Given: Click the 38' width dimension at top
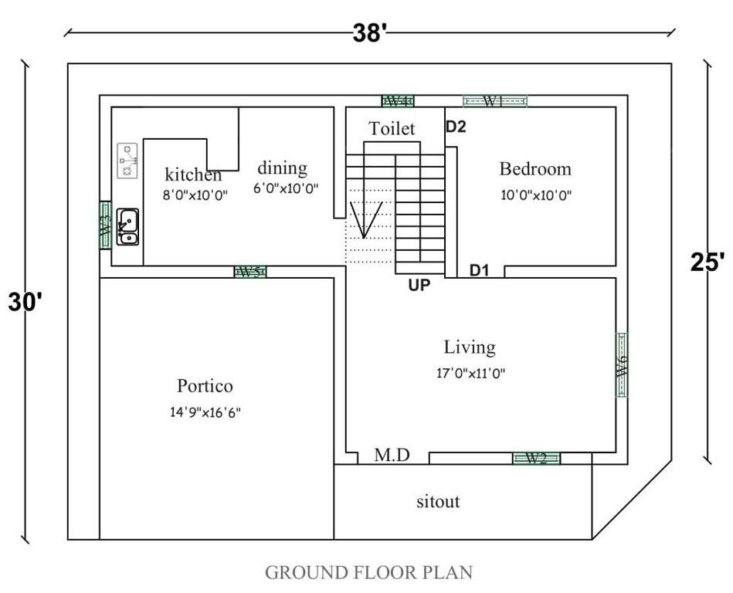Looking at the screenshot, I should (369, 33).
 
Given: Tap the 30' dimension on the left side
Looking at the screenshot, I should (23, 302).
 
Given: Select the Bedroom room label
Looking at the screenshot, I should (535, 168).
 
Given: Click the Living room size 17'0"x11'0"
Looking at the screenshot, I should (470, 373).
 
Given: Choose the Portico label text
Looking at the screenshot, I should (205, 385).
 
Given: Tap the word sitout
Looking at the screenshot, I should (438, 501).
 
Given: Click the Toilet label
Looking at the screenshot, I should (392, 128).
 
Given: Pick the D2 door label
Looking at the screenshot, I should (456, 127).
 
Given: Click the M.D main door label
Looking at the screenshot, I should (392, 456).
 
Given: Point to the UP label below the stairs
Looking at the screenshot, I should (419, 285).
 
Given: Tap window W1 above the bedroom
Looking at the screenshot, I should (494, 100).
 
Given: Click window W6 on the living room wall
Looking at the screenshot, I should (622, 364).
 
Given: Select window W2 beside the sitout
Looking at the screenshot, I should (536, 458).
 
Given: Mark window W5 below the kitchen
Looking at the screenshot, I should (249, 272).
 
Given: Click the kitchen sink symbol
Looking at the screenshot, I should (127, 226).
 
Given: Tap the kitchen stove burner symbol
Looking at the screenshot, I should (127, 161).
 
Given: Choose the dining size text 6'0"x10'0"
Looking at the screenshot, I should (286, 188).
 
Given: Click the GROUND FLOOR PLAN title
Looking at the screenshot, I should (368, 572).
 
